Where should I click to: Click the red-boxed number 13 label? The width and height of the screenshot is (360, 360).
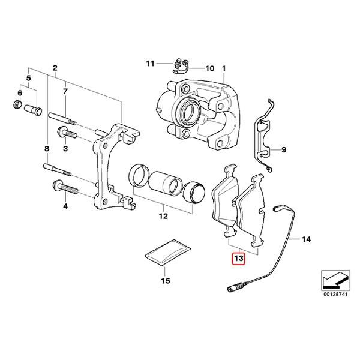(239, 259)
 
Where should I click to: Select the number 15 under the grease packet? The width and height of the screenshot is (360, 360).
(166, 280)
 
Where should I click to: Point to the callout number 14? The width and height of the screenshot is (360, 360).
(307, 240)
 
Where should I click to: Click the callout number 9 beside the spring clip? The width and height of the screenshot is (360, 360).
(284, 149)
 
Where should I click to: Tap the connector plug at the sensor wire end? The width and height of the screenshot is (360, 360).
(232, 292)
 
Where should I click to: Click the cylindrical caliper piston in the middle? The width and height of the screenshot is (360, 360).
(167, 182)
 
